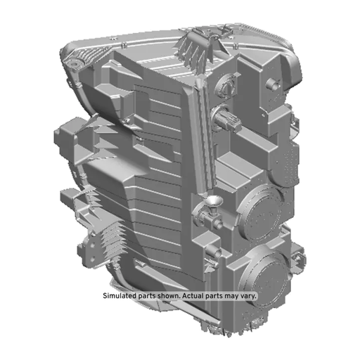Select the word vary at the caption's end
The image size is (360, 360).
click(248, 296)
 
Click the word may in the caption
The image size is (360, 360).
click(232, 296)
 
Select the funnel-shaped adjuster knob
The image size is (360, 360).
click(212, 202)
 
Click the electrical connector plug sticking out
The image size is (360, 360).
click(226, 119)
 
